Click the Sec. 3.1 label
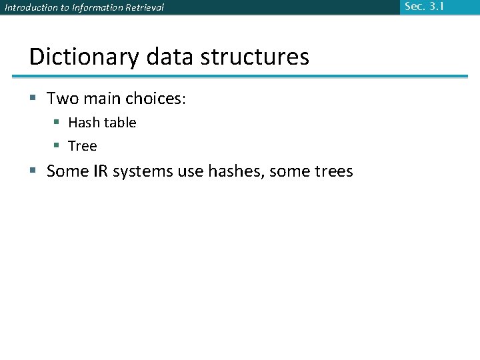pos(424,7)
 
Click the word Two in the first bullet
pos(63,99)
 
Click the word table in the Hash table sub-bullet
pos(121,123)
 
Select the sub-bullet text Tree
pos(83,146)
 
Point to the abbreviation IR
pos(100,171)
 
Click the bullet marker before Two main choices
pos(35,99)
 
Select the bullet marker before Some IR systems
pos(35,171)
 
